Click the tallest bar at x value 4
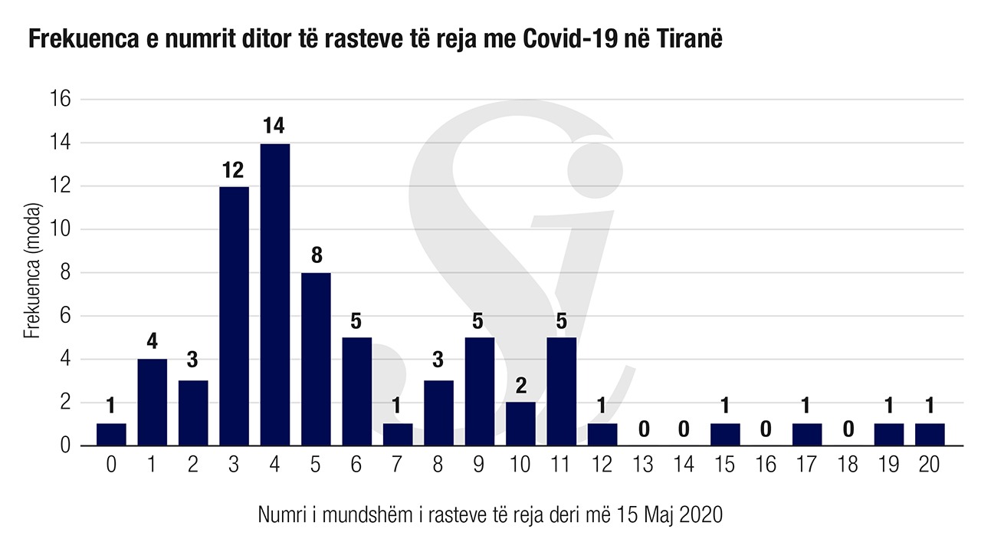(275, 294)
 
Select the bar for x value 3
(234, 316)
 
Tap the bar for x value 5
(316, 359)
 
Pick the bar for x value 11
(561, 391)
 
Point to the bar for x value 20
(930, 435)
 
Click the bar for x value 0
(111, 435)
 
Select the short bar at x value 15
(725, 435)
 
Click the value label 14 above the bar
(274, 125)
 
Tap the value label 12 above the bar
(234, 169)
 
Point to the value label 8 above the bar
(316, 255)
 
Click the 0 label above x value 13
(643, 428)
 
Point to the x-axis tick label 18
(848, 465)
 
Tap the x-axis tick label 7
(398, 465)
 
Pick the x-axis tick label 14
(684, 465)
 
